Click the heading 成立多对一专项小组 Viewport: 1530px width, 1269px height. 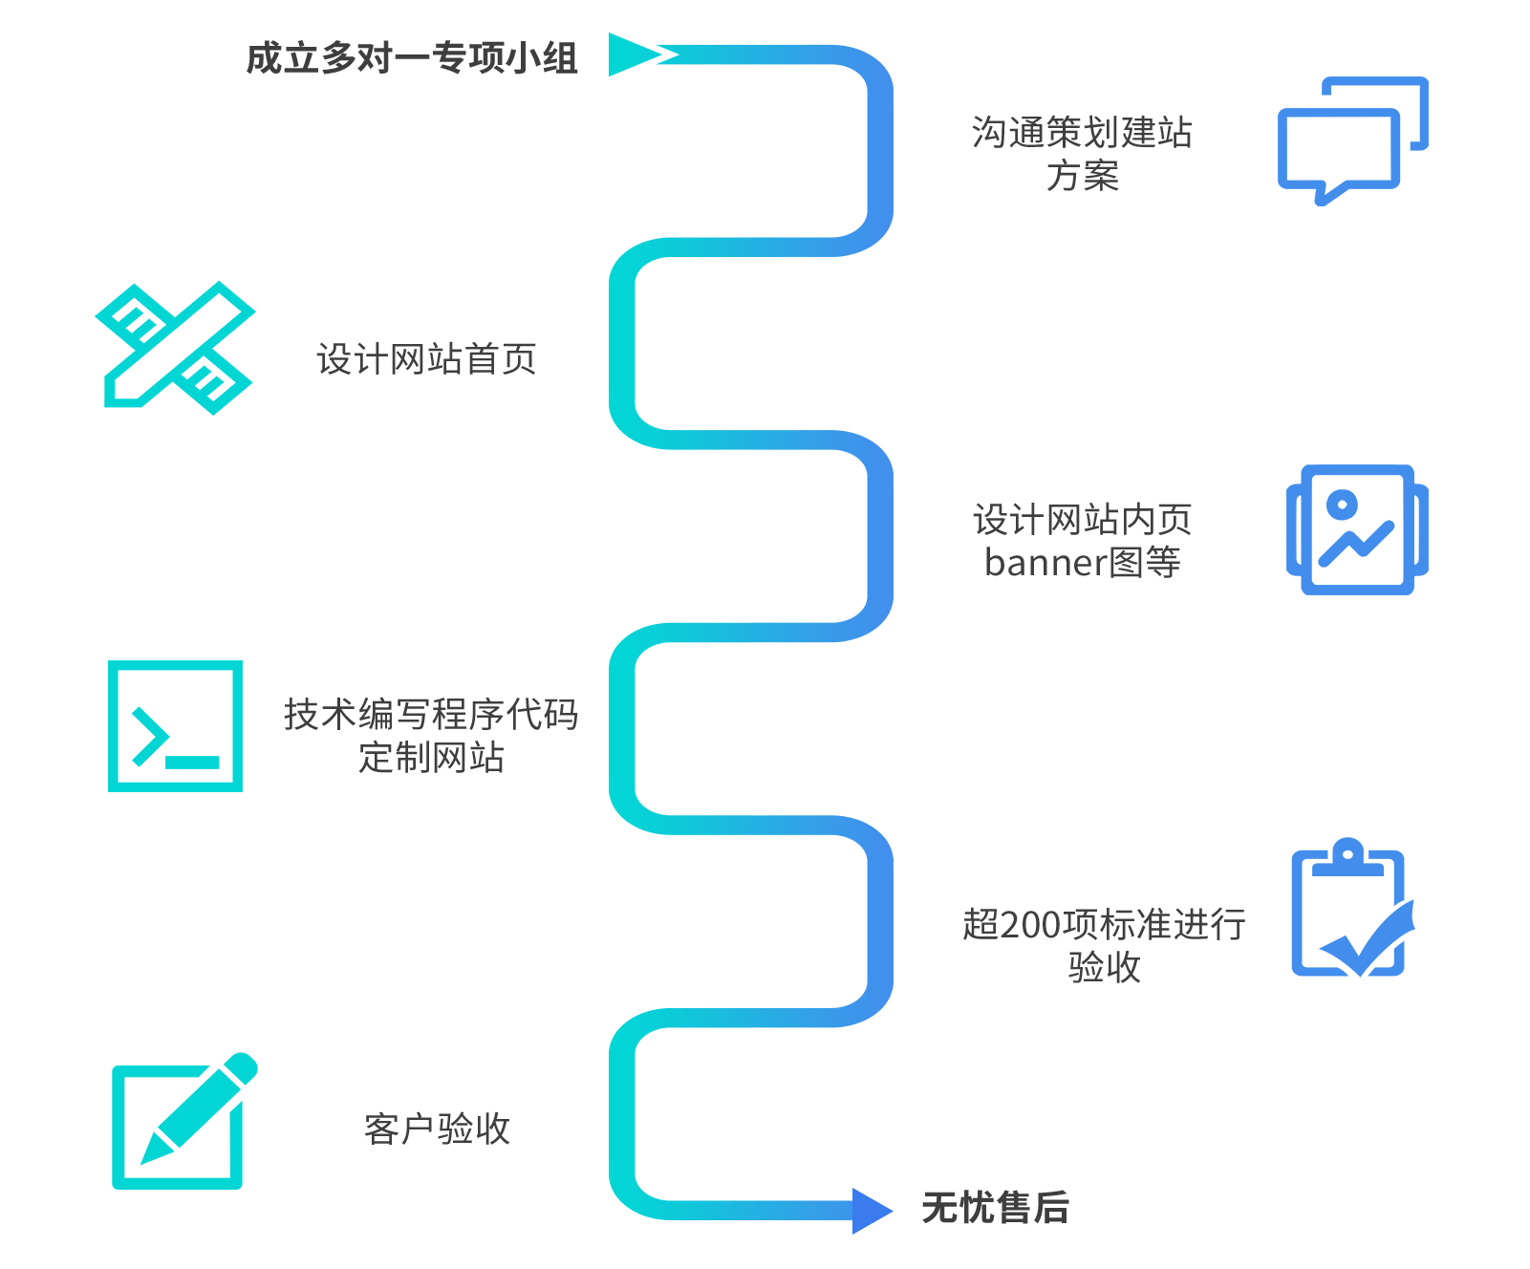click(412, 58)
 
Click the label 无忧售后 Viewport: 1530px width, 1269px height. click(995, 1208)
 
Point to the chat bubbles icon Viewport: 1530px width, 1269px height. click(1351, 141)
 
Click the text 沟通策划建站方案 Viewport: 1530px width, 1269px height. click(1082, 153)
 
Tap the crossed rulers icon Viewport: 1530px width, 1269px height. click(176, 348)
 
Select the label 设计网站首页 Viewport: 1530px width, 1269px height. click(426, 359)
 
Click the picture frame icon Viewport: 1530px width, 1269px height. click(1357, 530)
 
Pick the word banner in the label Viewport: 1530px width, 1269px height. click(1045, 563)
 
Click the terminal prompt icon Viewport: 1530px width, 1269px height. click(176, 726)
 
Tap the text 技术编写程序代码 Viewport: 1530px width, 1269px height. click(431, 715)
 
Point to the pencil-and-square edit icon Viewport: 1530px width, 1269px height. click(183, 1123)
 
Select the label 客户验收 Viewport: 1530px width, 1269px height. click(438, 1129)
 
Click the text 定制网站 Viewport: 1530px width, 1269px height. click(431, 758)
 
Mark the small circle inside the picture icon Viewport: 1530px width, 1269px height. click(1342, 504)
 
